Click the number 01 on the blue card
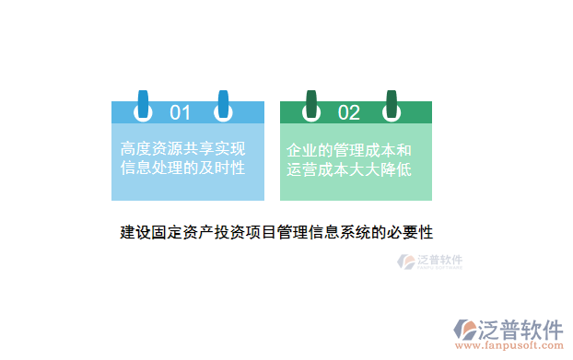click(x=180, y=112)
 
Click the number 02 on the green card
click(x=349, y=112)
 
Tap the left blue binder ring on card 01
click(x=143, y=106)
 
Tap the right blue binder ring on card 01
click(x=222, y=106)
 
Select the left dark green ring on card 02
click(x=311, y=106)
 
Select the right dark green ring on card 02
click(x=392, y=106)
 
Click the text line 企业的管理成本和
click(x=349, y=149)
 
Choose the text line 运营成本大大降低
click(x=349, y=169)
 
